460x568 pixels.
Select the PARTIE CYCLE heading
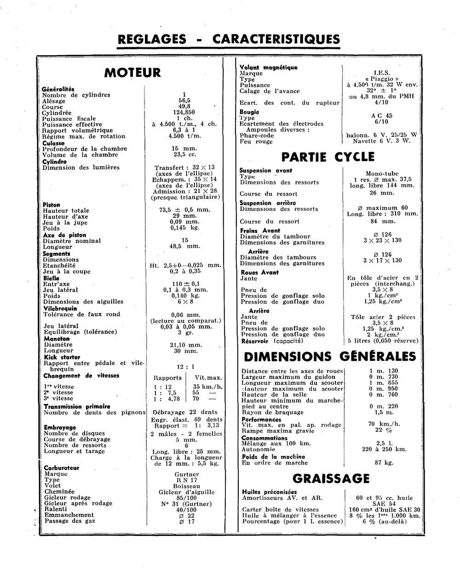click(x=328, y=157)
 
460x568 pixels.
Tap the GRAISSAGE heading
click(x=331, y=479)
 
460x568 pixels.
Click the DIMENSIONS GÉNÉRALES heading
click(x=329, y=357)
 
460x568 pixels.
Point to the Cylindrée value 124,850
click(x=184, y=112)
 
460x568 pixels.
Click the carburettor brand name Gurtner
click(x=187, y=474)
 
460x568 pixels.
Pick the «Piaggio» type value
click(x=382, y=79)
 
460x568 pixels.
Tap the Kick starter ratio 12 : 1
click(x=186, y=367)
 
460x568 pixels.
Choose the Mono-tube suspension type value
click(x=382, y=174)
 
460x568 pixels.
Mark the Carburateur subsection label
click(x=62, y=468)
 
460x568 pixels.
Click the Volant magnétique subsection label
click(x=269, y=67)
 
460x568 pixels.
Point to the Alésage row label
click(x=54, y=101)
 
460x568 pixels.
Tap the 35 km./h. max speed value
click(x=208, y=387)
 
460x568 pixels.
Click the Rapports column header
click(x=167, y=378)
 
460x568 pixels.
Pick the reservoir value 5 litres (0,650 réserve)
click(x=383, y=341)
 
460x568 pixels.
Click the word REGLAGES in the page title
click(x=152, y=39)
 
